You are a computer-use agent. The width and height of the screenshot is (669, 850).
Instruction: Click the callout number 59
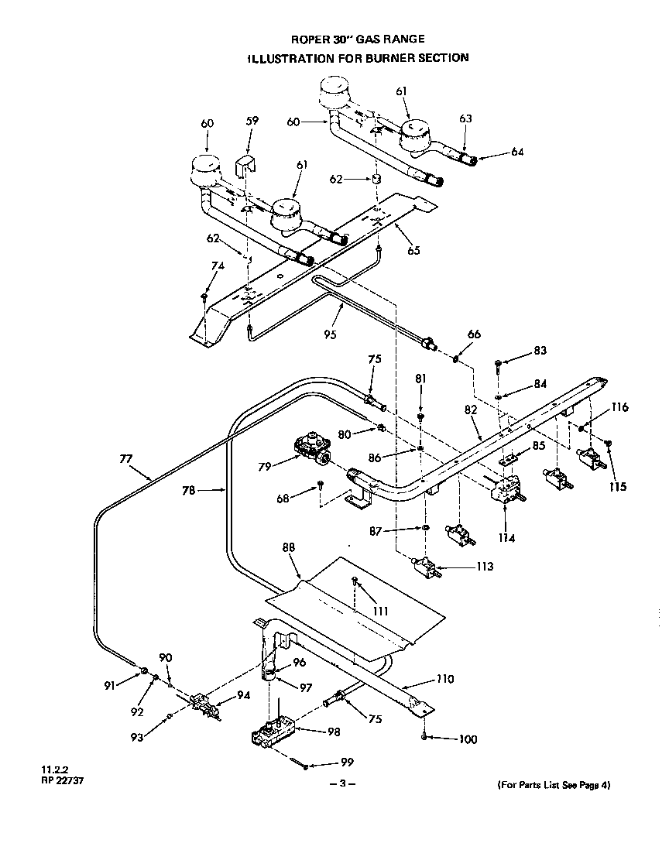pyautogui.click(x=252, y=121)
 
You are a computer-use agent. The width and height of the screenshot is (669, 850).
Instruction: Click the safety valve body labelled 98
pyautogui.click(x=271, y=731)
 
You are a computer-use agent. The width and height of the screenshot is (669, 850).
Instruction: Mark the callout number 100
pyautogui.click(x=468, y=739)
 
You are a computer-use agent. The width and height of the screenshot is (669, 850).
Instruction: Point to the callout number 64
pyautogui.click(x=517, y=152)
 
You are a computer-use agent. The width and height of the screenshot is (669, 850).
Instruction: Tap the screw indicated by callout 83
pyautogui.click(x=497, y=362)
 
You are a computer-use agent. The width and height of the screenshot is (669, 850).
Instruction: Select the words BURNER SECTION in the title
pyautogui.click(x=420, y=57)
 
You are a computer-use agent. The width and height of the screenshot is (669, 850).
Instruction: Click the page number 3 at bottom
pyautogui.click(x=341, y=784)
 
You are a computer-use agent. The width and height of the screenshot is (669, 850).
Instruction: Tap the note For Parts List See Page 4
pyautogui.click(x=554, y=785)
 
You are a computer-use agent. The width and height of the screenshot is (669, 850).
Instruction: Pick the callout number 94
pyautogui.click(x=244, y=694)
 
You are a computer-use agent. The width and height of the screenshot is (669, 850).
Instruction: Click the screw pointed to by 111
pyautogui.click(x=354, y=580)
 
